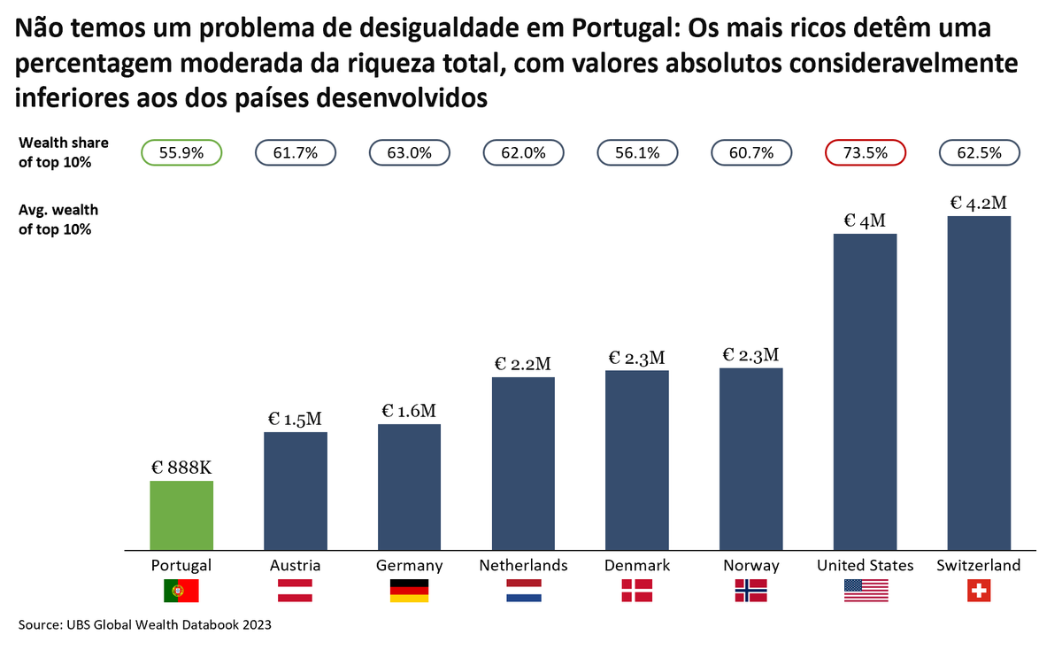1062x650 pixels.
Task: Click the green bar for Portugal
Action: (181, 515)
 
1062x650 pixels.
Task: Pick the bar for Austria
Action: (296, 491)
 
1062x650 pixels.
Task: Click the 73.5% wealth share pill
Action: (865, 152)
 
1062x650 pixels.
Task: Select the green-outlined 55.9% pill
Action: (181, 152)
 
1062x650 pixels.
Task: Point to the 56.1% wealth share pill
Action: (637, 152)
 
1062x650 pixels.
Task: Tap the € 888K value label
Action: (181, 468)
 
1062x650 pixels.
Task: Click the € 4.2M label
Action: (978, 203)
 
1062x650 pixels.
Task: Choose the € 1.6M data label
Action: (409, 411)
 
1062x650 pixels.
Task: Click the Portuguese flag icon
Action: (181, 591)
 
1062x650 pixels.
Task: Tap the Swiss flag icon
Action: (978, 591)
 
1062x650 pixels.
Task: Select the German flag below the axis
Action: (409, 591)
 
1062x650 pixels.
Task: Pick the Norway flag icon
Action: (750, 591)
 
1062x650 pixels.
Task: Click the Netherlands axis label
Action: (523, 565)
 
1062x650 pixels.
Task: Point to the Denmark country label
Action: (637, 565)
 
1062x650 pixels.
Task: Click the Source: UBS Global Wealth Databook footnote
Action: (144, 624)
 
